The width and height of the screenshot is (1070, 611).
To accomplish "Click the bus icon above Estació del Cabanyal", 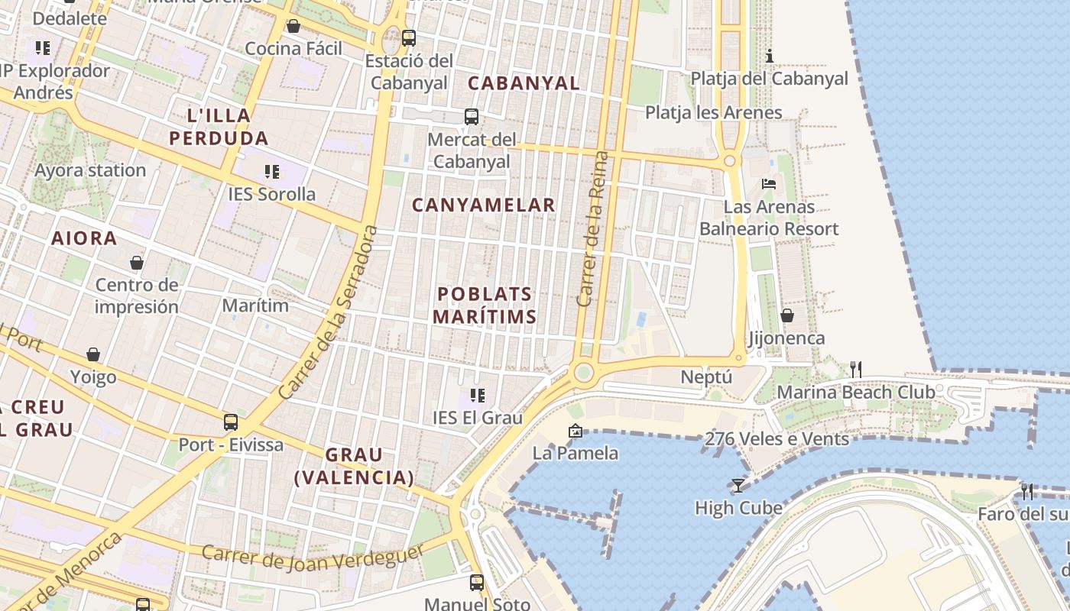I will pyautogui.click(x=409, y=37).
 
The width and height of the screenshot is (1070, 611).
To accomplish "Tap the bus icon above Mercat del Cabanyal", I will pyautogui.click(x=472, y=117).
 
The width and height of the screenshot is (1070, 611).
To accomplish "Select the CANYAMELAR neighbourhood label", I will pyautogui.click(x=484, y=205).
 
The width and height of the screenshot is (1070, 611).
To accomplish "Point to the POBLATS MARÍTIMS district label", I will pyautogui.click(x=485, y=305).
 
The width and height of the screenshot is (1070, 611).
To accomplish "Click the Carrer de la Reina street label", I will pyautogui.click(x=594, y=229).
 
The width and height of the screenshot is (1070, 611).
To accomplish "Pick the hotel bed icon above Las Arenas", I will pyautogui.click(x=769, y=184).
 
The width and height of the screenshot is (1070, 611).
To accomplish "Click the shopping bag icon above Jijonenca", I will pyautogui.click(x=786, y=315).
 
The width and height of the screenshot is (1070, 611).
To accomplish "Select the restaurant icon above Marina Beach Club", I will pyautogui.click(x=856, y=370).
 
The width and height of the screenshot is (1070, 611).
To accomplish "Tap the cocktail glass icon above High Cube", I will pyautogui.click(x=738, y=485).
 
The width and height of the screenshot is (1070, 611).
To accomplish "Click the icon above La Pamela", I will pyautogui.click(x=576, y=431).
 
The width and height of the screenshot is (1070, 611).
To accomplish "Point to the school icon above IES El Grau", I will pyautogui.click(x=478, y=395).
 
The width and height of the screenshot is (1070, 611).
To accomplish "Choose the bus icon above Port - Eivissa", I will pyautogui.click(x=231, y=422).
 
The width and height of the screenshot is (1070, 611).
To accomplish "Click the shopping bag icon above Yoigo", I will pyautogui.click(x=93, y=354).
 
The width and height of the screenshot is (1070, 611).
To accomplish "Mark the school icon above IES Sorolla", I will pyautogui.click(x=271, y=171).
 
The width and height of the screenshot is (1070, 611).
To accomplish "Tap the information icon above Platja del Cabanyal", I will pyautogui.click(x=770, y=56).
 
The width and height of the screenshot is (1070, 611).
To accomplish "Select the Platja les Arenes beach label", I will pyautogui.click(x=714, y=113).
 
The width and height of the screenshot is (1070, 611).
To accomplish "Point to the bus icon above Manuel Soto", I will pyautogui.click(x=477, y=582).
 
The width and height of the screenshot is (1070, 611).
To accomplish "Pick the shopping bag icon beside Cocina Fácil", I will pyautogui.click(x=293, y=27).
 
